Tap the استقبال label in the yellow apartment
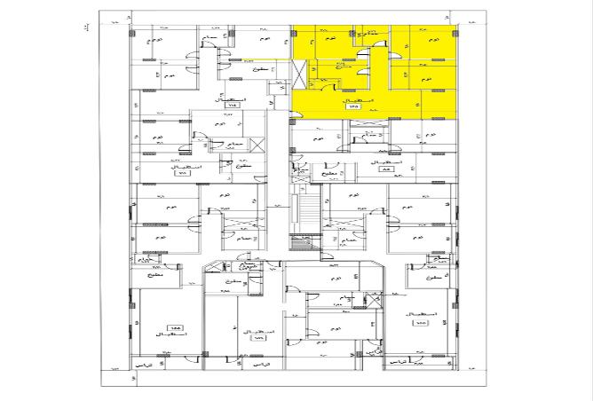click(x=363, y=98)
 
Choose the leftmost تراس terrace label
click(x=141, y=365)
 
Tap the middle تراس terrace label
click(x=257, y=365)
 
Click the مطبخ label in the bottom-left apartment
click(x=147, y=277)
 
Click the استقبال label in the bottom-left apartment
click(x=170, y=334)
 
